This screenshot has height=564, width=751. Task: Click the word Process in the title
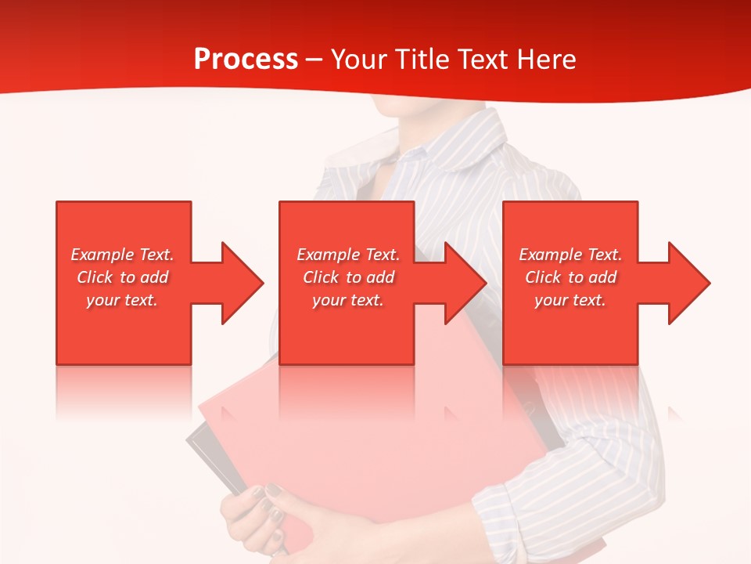click(246, 60)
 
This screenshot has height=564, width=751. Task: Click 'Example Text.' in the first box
click(122, 255)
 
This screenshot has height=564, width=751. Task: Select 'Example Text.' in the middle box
click(348, 255)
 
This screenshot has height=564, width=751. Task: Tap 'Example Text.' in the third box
click(570, 255)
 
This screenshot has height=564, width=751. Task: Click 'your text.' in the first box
click(122, 300)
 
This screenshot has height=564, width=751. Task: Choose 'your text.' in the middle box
click(348, 300)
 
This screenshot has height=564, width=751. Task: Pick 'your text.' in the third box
click(570, 300)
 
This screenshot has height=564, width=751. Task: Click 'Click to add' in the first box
click(122, 277)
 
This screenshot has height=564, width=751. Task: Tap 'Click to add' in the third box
click(570, 277)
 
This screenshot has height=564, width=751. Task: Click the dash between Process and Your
click(314, 60)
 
